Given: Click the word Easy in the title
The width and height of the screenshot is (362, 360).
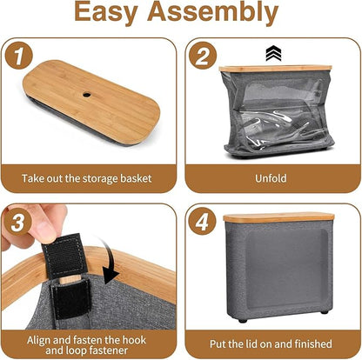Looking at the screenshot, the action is click(106, 12).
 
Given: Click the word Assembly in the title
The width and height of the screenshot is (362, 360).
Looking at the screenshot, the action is click(213, 12).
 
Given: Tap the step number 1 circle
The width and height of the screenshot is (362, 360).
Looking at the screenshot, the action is click(18, 56).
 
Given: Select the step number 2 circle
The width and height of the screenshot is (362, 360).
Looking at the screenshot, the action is click(203, 56).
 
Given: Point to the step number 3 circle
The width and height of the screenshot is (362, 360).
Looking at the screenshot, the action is click(17, 222).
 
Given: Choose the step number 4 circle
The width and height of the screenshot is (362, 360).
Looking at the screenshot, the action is click(202, 222).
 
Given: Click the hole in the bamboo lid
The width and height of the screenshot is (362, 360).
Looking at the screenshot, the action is click(86, 95).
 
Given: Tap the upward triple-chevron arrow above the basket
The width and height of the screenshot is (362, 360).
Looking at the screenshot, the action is click(273, 54).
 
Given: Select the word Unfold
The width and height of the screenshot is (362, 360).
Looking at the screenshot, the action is click(271, 178).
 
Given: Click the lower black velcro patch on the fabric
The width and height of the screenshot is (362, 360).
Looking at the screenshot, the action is click(72, 298).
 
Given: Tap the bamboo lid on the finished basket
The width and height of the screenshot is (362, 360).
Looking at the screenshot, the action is click(278, 217).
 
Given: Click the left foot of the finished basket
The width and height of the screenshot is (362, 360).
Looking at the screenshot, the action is click(243, 321).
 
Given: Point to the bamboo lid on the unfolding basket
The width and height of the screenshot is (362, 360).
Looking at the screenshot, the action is click(275, 69).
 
